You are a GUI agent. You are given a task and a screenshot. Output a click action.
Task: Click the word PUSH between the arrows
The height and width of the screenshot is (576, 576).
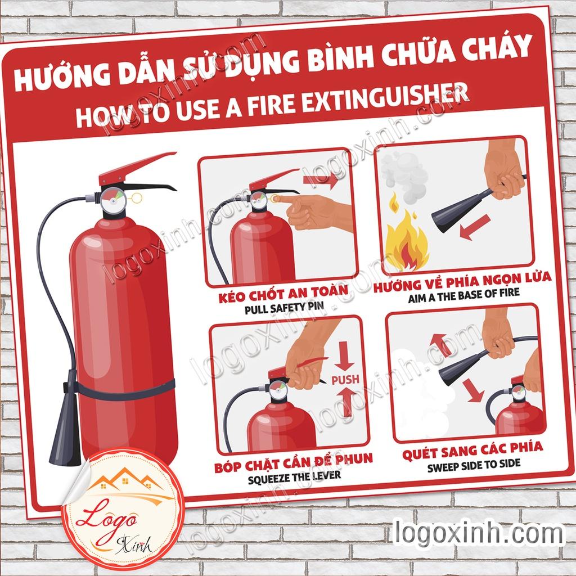345,380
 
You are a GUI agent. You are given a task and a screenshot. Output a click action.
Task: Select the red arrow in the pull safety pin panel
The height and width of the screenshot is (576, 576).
321,181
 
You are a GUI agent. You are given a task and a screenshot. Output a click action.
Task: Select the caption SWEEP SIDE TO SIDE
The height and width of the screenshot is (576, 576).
473,465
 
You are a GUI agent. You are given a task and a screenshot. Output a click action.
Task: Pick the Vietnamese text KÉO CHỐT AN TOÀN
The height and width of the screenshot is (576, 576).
283,294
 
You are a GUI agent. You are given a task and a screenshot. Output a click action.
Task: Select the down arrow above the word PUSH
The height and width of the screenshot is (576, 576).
345,355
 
